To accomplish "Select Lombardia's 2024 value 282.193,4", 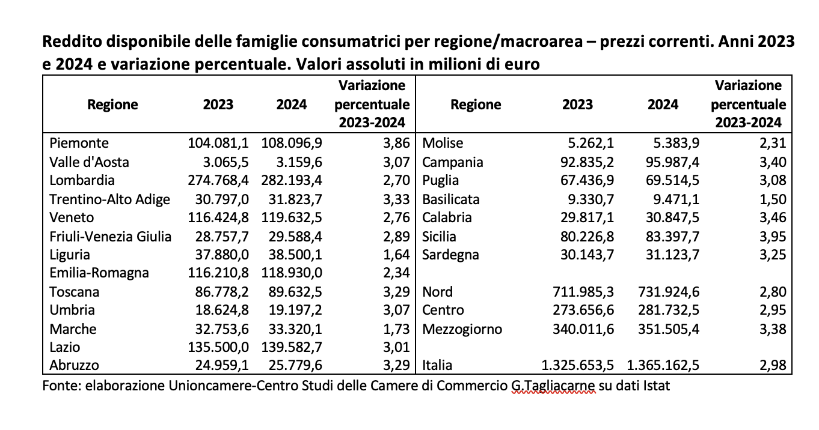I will point(292,180).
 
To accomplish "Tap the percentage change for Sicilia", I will point(771,236).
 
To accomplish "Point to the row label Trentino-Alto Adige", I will point(110,199).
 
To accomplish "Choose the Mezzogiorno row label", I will point(462,329).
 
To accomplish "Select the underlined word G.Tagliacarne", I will point(551,385).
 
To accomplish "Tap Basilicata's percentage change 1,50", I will point(771,199).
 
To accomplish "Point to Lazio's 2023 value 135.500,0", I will point(219,347).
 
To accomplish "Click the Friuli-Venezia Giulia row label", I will point(110,236).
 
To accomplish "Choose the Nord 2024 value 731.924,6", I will point(669,292).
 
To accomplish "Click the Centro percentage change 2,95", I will point(771,310).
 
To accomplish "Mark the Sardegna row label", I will point(451,255).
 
